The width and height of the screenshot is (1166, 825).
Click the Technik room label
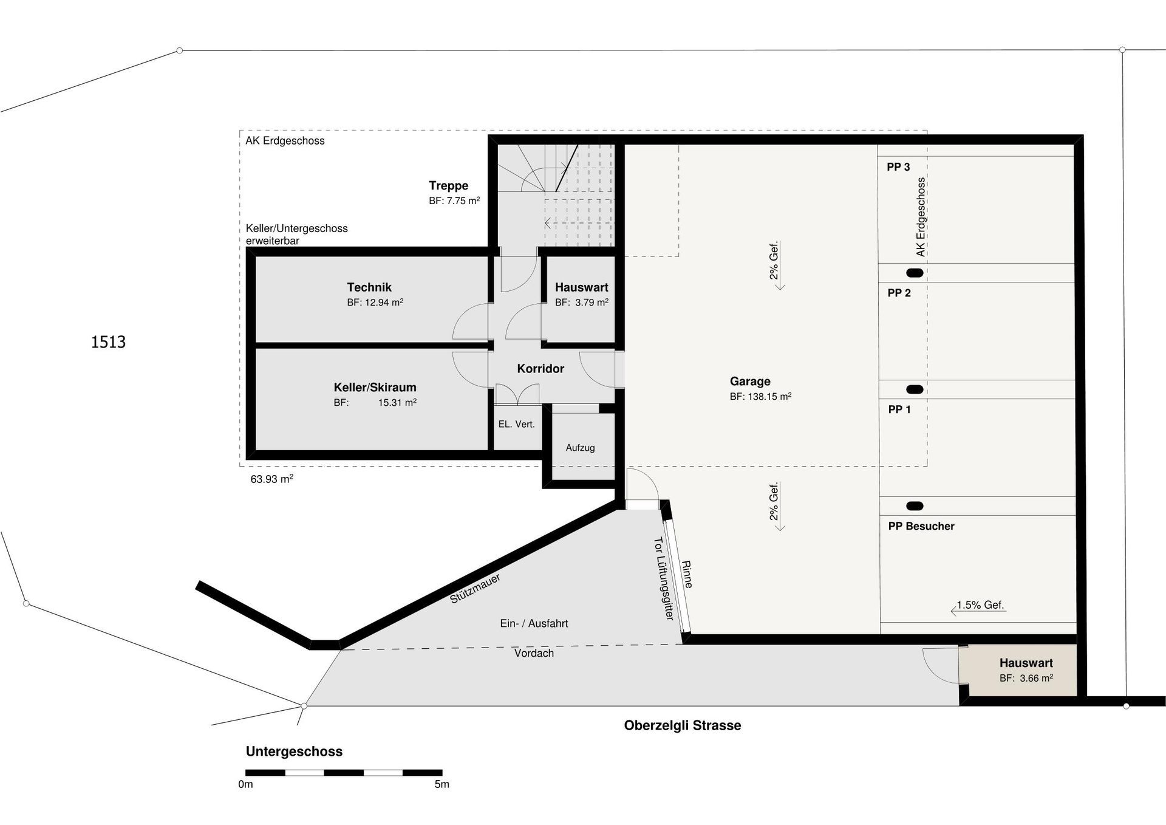[369, 287]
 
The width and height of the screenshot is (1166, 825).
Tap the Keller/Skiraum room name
[375, 388]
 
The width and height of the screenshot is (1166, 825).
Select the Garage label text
[750, 382]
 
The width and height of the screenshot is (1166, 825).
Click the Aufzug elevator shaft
[580, 448]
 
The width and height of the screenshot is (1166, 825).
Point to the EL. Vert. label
[516, 425]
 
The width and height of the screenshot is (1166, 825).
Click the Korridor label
[540, 369]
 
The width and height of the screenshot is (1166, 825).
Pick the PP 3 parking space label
[898, 167]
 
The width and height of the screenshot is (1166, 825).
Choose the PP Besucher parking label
[921, 526]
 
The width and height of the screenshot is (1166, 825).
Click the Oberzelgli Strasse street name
[683, 725]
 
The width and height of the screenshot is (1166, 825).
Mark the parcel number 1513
[108, 342]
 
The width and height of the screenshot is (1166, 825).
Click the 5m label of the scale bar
[442, 784]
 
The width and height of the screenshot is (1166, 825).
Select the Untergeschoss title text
[294, 751]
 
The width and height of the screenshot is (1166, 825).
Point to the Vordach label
[534, 654]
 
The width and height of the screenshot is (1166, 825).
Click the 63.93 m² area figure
[271, 479]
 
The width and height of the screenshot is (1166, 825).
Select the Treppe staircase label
[448, 186]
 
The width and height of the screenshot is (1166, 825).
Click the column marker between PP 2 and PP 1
[915, 389]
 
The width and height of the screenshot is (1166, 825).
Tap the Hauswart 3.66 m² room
[1025, 670]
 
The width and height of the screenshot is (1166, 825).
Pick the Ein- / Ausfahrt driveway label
[534, 624]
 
